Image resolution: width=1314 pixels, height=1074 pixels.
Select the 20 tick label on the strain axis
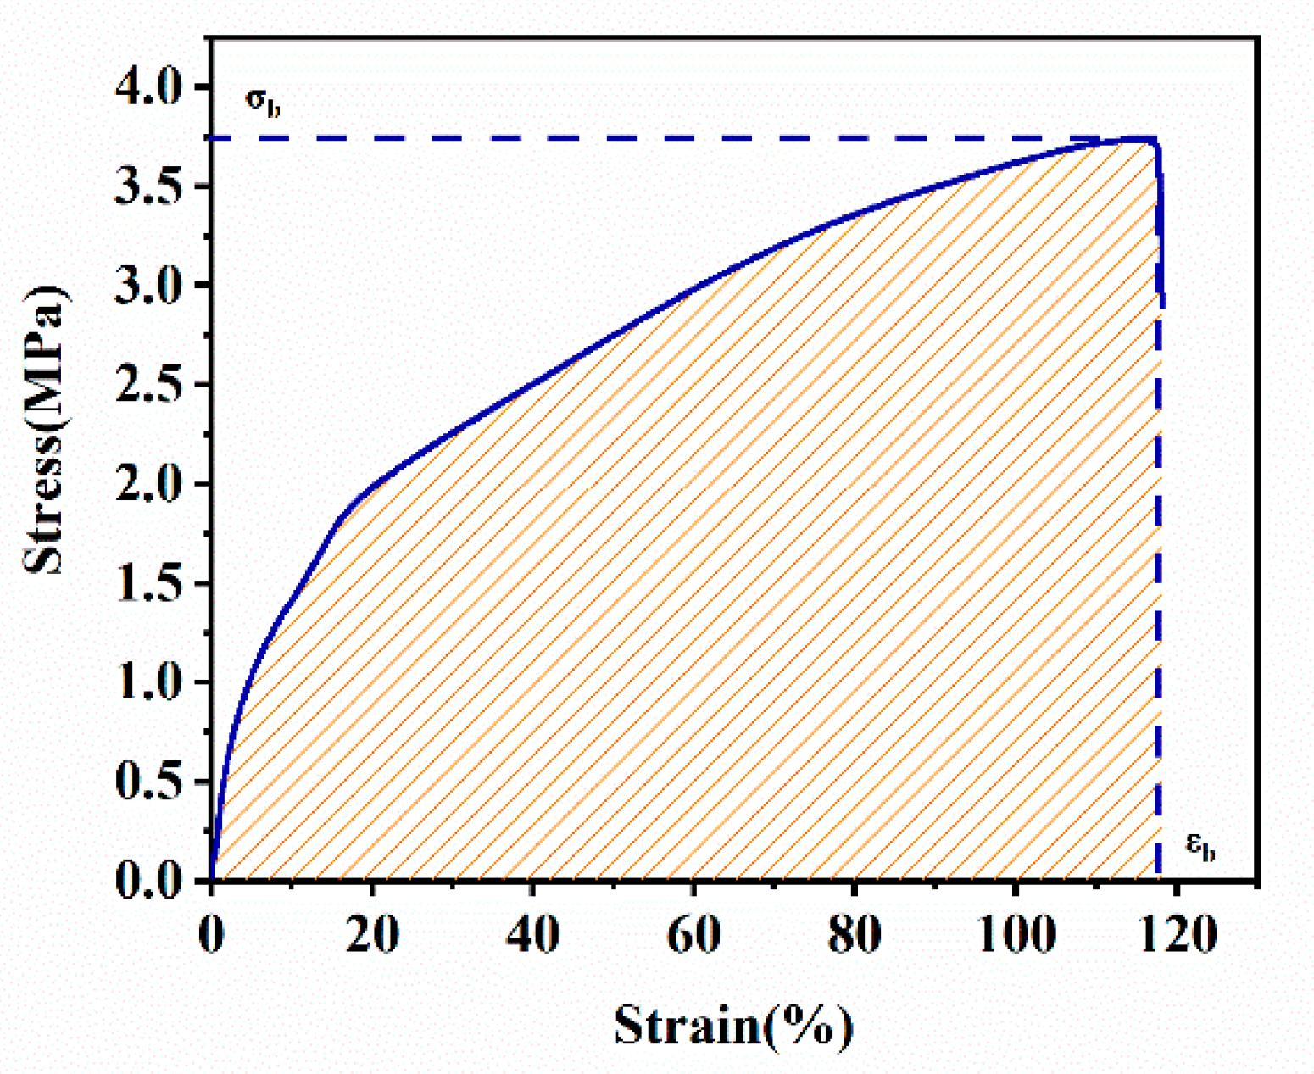point(372,936)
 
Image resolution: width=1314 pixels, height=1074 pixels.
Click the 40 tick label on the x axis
point(532,936)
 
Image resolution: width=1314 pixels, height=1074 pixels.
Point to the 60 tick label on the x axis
point(693,936)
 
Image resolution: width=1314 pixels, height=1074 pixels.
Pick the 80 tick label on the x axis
point(855,936)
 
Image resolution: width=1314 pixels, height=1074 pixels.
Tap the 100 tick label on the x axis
point(1015,936)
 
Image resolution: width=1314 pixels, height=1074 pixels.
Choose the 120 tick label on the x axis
point(1176,936)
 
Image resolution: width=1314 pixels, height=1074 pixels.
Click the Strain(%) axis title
point(733,1026)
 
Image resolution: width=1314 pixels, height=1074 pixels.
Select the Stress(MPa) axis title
point(47,427)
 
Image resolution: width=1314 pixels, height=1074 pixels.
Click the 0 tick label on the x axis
point(211,936)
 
